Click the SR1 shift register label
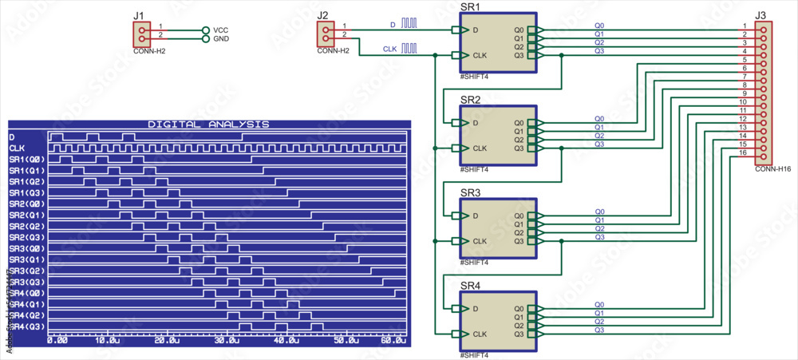click(x=471, y=6)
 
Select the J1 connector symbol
click(x=141, y=34)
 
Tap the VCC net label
click(x=221, y=30)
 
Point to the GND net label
click(x=221, y=38)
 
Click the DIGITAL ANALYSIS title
click(x=208, y=125)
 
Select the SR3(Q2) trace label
click(x=27, y=271)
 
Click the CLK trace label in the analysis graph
click(x=17, y=148)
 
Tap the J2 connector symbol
click(x=326, y=34)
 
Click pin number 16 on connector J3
click(x=743, y=152)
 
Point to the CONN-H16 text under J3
click(x=772, y=169)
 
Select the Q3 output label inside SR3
click(x=519, y=241)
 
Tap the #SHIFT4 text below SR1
click(x=474, y=77)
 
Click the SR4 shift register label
click(x=471, y=285)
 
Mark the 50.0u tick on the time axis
click(x=346, y=340)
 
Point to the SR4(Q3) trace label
click(x=27, y=326)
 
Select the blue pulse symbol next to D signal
click(x=409, y=24)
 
